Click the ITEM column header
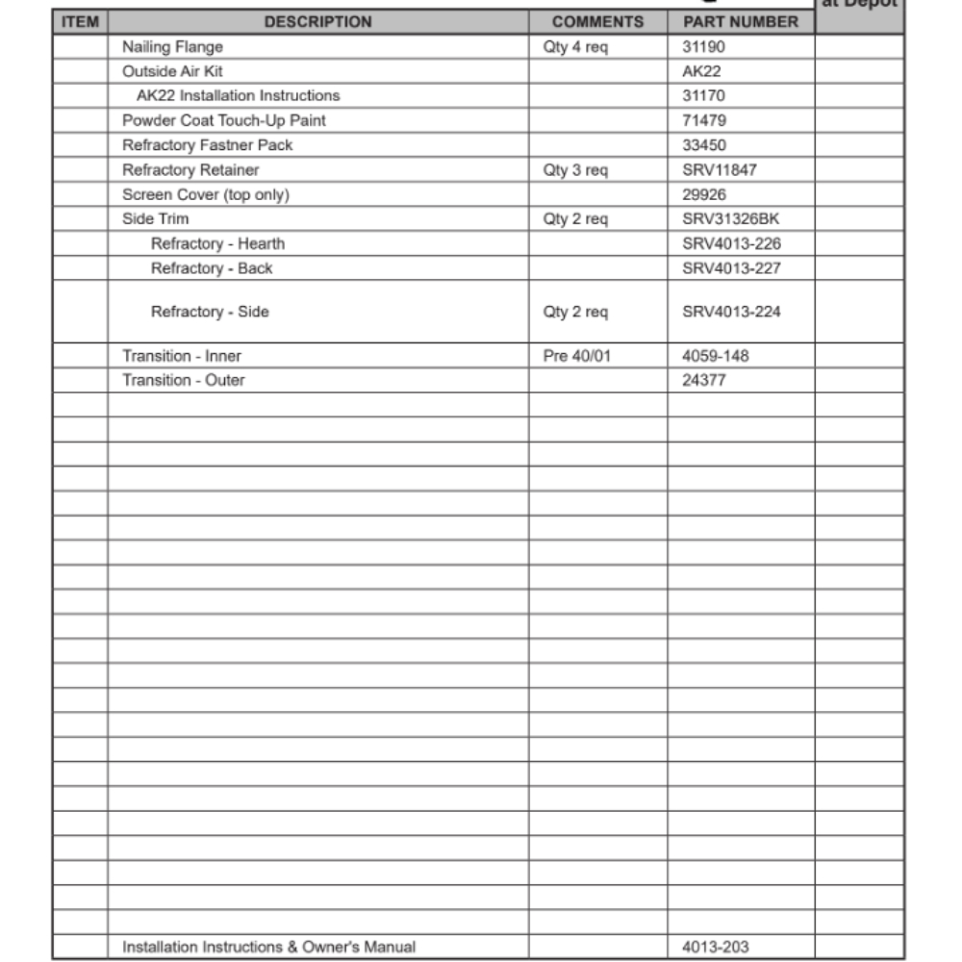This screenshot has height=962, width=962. [80, 21]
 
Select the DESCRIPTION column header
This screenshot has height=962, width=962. [317, 21]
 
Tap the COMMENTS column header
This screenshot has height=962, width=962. [597, 21]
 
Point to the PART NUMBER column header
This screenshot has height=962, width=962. [741, 21]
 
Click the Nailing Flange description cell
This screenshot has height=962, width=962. [172, 46]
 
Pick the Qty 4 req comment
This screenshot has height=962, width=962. [575, 46]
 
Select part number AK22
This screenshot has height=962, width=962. [701, 71]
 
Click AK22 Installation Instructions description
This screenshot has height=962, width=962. [238, 95]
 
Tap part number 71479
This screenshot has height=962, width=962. [704, 120]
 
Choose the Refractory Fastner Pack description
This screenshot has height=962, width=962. [207, 145]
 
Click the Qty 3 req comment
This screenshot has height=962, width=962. [575, 169]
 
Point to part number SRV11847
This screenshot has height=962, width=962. [720, 169]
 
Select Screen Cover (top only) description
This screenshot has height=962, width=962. [205, 194]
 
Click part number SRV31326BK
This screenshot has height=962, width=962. [730, 218]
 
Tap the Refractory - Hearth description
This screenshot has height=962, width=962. [217, 243]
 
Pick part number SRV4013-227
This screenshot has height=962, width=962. [731, 268]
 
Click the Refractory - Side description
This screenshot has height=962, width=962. [210, 312]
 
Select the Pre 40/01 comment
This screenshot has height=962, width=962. [577, 356]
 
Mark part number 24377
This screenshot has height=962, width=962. [704, 380]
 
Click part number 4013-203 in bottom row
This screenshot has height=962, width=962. [715, 947]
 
